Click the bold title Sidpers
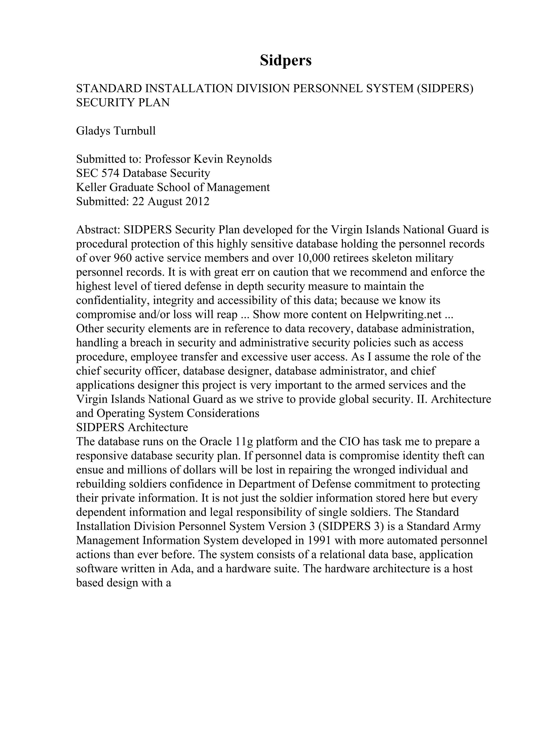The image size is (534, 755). click(x=285, y=60)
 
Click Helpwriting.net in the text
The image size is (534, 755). click(x=403, y=315)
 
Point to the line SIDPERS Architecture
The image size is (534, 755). click(x=132, y=428)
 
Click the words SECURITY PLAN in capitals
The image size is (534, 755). click(x=123, y=103)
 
